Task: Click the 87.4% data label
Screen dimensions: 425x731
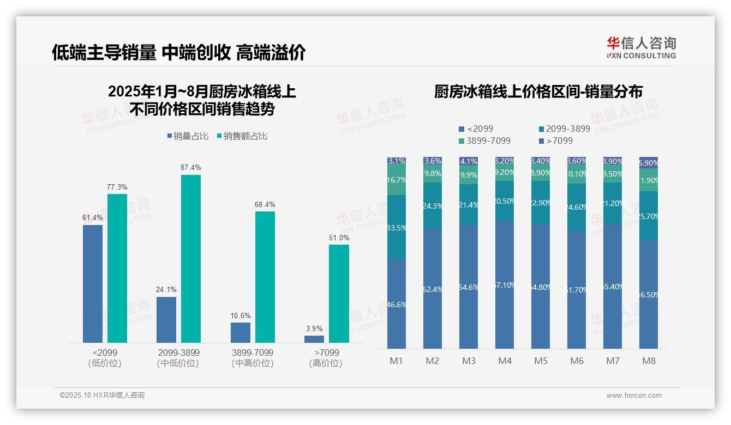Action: (190, 167)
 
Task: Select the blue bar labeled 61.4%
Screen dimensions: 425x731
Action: (93, 283)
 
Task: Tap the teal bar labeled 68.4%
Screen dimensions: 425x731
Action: (265, 277)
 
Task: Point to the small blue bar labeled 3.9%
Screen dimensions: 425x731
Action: (314, 339)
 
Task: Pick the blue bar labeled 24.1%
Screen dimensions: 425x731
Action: (166, 319)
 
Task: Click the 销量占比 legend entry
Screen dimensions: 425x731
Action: (188, 136)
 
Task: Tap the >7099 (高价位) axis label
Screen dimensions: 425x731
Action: (326, 358)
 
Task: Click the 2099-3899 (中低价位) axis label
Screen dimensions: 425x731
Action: (178, 358)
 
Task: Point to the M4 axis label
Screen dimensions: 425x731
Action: (505, 361)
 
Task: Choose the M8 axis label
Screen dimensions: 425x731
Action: (649, 361)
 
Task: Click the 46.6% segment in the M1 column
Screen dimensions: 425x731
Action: (397, 304)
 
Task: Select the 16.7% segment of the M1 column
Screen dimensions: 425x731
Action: (397, 180)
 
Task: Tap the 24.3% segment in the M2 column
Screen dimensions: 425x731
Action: (433, 206)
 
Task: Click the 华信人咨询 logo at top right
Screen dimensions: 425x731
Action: (641, 47)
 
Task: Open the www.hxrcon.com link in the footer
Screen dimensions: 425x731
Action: (634, 396)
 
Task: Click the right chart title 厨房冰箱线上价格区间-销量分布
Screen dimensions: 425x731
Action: (538, 92)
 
